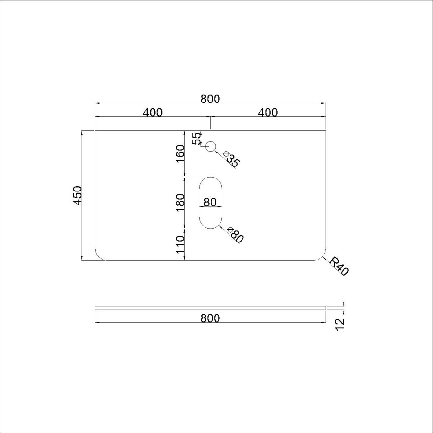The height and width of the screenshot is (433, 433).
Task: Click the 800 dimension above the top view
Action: coord(210,99)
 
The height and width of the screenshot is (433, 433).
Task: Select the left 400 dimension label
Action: coord(153,113)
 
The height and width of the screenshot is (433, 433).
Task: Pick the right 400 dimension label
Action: coord(268,113)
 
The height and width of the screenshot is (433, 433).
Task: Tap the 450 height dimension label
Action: coord(78,195)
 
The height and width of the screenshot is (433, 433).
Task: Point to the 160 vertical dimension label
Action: coord(180,153)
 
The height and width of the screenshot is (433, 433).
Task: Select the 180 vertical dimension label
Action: coord(180,203)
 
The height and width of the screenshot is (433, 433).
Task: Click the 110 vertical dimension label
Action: coord(180,244)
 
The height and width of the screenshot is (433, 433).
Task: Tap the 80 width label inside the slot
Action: coord(210,203)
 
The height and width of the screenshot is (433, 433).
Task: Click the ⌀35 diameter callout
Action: coord(230,160)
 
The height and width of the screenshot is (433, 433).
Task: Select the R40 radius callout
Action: coord(339,266)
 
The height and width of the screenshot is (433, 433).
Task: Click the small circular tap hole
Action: coord(211,146)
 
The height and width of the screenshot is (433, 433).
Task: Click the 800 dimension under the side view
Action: coord(210,318)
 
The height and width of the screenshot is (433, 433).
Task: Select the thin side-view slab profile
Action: coord(210,307)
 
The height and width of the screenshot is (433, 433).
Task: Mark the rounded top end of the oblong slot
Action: coord(211,180)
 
